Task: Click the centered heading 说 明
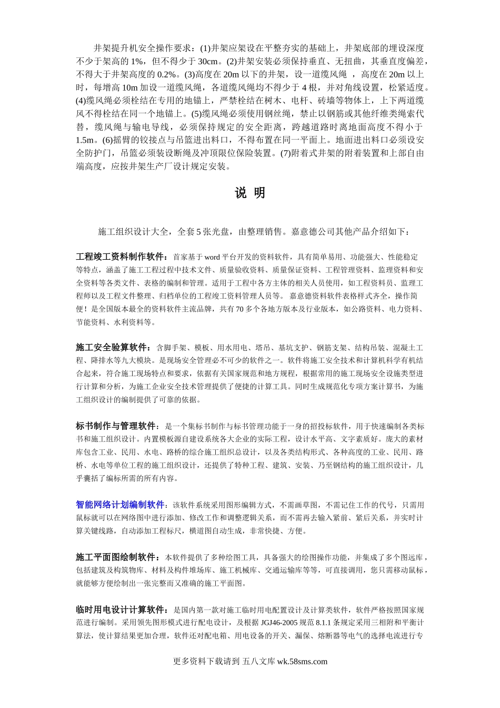pyautogui.click(x=250, y=193)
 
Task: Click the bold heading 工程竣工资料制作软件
pyautogui.click(x=122, y=257)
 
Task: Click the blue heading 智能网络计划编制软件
pyautogui.click(x=121, y=505)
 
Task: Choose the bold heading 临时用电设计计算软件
pyautogui.click(x=122, y=610)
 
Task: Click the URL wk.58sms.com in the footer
pyautogui.click(x=302, y=662)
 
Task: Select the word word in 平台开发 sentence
pyautogui.click(x=212, y=257)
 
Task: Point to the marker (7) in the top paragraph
pyautogui.click(x=285, y=153)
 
